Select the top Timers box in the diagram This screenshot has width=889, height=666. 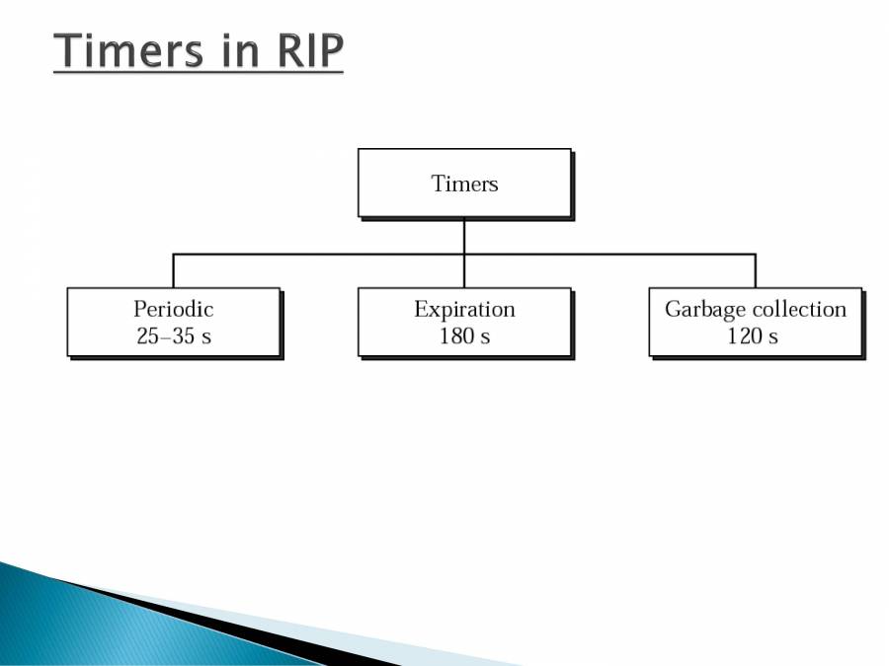tap(464, 183)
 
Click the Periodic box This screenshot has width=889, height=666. tap(174, 322)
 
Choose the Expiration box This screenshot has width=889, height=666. tap(464, 322)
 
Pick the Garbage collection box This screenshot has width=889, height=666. tap(756, 322)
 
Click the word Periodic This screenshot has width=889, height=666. tap(174, 309)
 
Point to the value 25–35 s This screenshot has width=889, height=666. tap(174, 335)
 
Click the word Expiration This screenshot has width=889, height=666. tap(464, 309)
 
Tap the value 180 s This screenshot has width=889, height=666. tap(464, 335)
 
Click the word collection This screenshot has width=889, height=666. tap(799, 309)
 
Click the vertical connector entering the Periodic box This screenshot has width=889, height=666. tap(174, 271)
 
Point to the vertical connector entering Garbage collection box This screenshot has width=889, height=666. tap(756, 271)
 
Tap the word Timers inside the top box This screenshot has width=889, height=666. tap(464, 184)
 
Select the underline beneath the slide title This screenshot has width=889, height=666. tap(198, 72)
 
